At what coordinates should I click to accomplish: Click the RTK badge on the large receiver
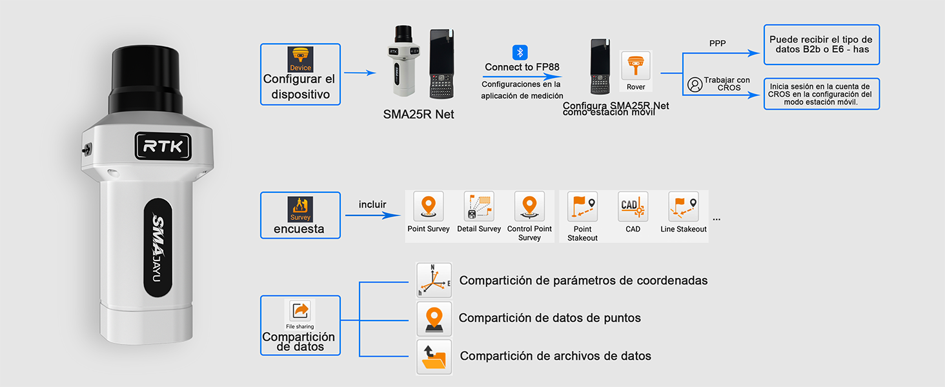(x=163, y=146)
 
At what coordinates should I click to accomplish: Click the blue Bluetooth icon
(x=520, y=52)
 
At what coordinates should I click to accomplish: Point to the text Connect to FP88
(x=522, y=67)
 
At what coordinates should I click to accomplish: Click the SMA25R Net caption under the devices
(x=418, y=114)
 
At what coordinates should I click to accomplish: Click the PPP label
(x=717, y=44)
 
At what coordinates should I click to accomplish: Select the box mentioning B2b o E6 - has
(x=821, y=45)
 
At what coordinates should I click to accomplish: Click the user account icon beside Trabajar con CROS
(x=695, y=84)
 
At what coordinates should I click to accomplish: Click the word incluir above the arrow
(x=372, y=204)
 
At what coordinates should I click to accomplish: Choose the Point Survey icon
(x=429, y=207)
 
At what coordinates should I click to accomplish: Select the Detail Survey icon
(x=479, y=207)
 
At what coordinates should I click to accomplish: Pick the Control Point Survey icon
(x=529, y=207)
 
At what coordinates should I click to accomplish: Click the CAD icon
(x=633, y=207)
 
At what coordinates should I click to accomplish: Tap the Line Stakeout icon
(x=684, y=207)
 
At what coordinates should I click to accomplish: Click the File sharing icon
(x=300, y=312)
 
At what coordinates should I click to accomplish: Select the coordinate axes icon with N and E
(x=434, y=280)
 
